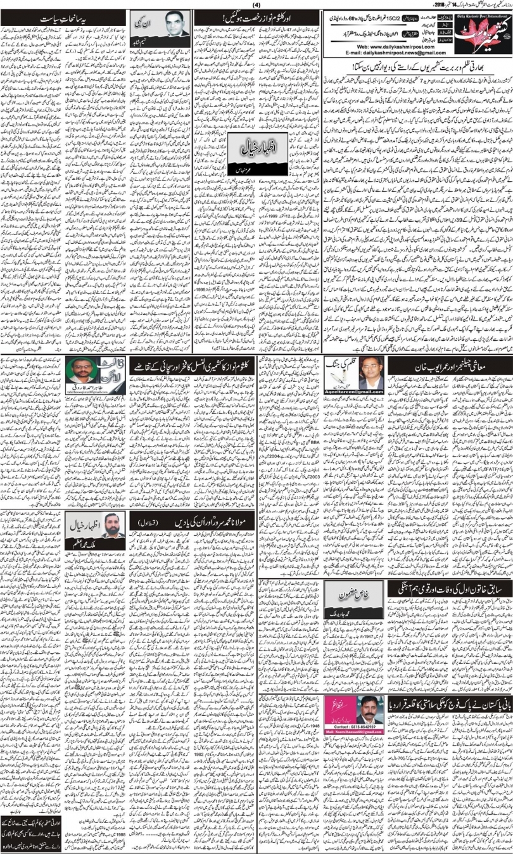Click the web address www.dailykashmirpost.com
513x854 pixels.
click(x=377, y=47)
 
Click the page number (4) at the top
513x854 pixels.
click(x=256, y=4)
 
